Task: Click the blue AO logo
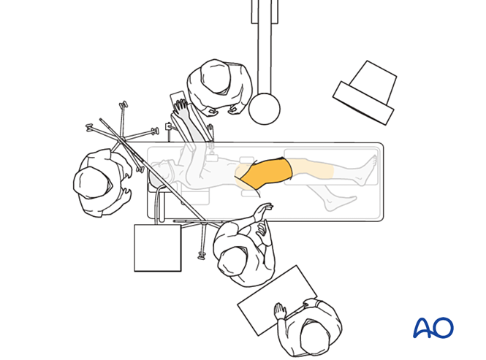(433, 327)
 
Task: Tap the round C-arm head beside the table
(265, 109)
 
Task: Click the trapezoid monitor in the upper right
(365, 93)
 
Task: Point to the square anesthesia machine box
(157, 248)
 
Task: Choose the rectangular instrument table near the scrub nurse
(277, 300)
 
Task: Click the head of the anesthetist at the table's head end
(92, 183)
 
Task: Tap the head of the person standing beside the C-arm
(216, 76)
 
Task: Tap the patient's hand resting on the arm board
(181, 106)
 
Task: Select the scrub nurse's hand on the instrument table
(280, 310)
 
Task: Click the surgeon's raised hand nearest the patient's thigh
(263, 211)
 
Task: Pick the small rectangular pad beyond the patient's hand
(177, 98)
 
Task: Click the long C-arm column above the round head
(265, 47)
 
